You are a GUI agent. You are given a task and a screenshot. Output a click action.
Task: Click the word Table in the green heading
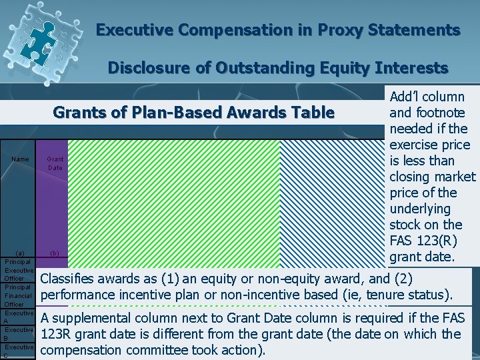tap(313, 112)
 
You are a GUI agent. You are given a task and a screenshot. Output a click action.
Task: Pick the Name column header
tap(20, 159)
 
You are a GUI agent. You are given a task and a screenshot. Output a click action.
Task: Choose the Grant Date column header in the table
tap(55, 163)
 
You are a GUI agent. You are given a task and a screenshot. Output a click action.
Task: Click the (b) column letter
tap(55, 253)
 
